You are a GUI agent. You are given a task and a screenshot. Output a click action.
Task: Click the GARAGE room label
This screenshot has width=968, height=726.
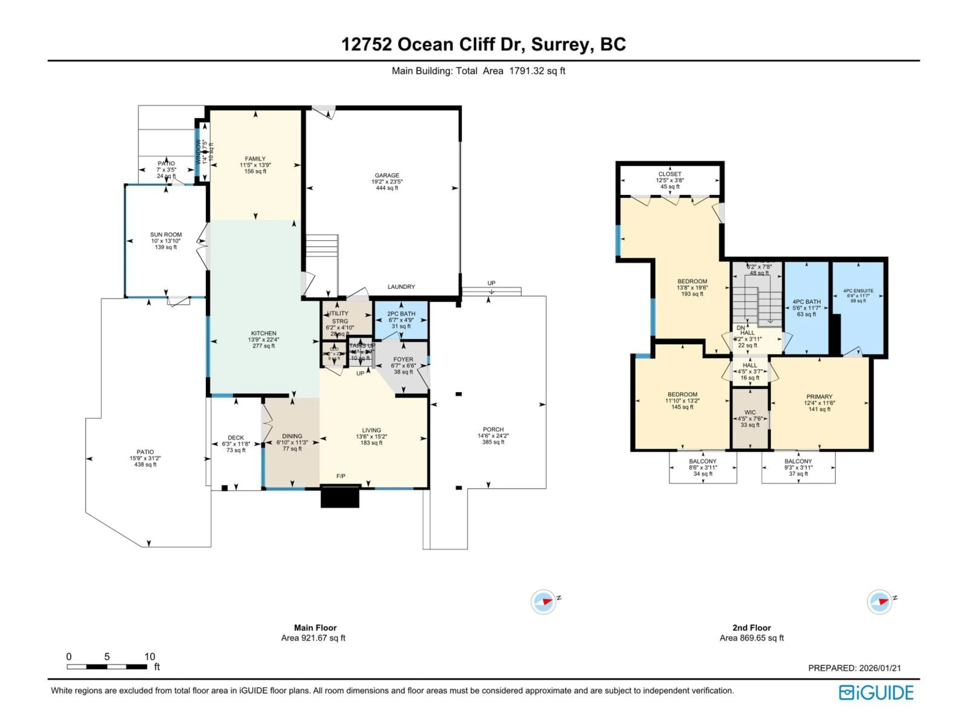coord(387,175)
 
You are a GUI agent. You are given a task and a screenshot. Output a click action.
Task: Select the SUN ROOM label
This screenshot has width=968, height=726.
coord(166,234)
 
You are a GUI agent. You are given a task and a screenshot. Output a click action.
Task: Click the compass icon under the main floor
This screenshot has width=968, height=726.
coord(543,602)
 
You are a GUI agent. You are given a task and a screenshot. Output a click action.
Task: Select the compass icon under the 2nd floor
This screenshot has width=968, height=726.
coord(880,602)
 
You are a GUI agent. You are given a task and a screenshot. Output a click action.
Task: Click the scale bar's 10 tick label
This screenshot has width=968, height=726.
coord(150,656)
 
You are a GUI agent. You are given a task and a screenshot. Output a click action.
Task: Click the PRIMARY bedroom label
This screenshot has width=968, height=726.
coord(819,397)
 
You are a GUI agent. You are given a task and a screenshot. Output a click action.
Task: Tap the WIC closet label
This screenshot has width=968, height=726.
coord(750,412)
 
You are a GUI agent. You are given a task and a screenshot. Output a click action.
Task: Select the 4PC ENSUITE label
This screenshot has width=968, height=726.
coord(858,291)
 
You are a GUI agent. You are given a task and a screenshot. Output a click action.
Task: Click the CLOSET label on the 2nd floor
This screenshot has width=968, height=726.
coord(670,174)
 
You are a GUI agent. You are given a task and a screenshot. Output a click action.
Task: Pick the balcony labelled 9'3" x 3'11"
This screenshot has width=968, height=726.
coord(798,467)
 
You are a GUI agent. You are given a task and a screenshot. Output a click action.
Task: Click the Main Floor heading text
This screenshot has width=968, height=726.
coord(315,627)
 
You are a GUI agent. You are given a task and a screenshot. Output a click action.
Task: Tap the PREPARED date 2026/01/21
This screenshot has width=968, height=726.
coord(880,668)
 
